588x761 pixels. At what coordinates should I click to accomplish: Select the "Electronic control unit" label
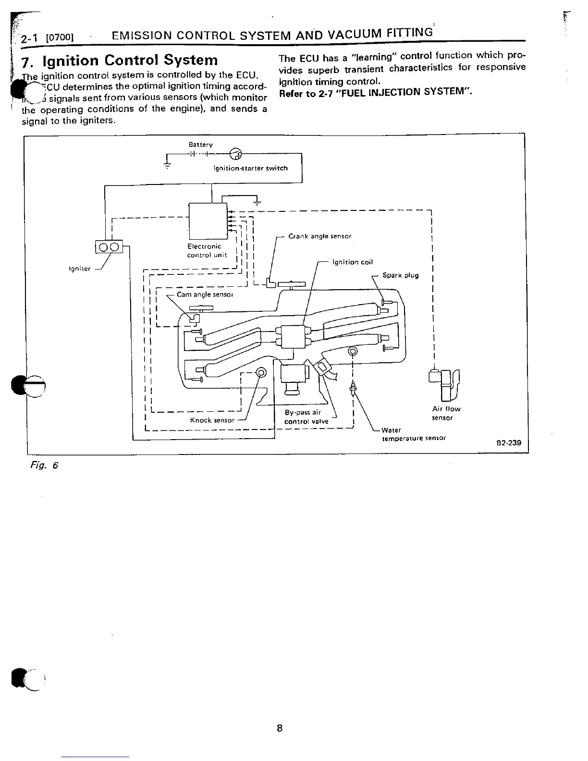pos(206,250)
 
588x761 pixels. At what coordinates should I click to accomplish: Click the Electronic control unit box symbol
pos(208,221)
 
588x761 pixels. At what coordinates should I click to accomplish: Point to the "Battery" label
pos(200,145)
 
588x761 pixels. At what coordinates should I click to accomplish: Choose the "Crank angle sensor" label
pos(319,236)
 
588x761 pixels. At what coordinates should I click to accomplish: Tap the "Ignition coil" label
pos(352,262)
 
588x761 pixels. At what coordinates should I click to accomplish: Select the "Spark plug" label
pos(400,275)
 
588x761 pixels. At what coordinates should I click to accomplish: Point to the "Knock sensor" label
pos(212,420)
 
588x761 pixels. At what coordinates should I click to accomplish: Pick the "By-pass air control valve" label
pos(306,417)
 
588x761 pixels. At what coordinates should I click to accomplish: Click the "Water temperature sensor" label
pos(413,434)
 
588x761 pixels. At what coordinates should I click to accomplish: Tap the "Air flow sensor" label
pos(446,413)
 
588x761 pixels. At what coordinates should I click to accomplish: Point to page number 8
pos(280,728)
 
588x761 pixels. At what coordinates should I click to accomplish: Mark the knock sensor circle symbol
pos(261,373)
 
